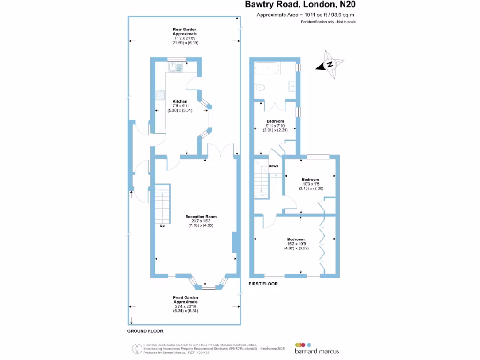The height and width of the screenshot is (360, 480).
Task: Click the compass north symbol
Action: pyautogui.click(x=330, y=64)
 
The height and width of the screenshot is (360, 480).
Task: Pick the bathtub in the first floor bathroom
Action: pyautogui.click(x=267, y=68)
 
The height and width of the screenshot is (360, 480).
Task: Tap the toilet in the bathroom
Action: pyautogui.click(x=260, y=88)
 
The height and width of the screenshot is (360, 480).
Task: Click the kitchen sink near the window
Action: pyautogui.click(x=175, y=67)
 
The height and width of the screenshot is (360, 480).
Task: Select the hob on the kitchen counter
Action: pyautogui.click(x=159, y=95)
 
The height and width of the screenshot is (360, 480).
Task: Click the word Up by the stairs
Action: pyautogui.click(x=162, y=225)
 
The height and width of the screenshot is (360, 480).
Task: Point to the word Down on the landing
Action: pyautogui.click(x=273, y=166)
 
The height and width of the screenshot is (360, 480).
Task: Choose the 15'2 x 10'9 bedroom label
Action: pyautogui.click(x=296, y=244)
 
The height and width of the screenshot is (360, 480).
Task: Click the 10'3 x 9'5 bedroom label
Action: pyautogui.click(x=311, y=184)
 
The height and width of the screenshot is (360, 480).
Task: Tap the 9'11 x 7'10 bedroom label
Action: pyautogui.click(x=275, y=126)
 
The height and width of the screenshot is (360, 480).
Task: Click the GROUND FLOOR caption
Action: pyautogui.click(x=145, y=331)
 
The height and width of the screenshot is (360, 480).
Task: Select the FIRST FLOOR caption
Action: pyautogui.click(x=263, y=284)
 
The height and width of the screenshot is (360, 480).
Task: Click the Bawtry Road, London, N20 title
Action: pyautogui.click(x=300, y=5)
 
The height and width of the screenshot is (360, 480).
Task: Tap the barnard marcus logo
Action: pyautogui.click(x=317, y=349)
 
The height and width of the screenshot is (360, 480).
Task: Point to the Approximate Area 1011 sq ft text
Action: pyautogui.click(x=305, y=15)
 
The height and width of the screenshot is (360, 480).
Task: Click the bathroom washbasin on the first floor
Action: pyautogui.click(x=292, y=86)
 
